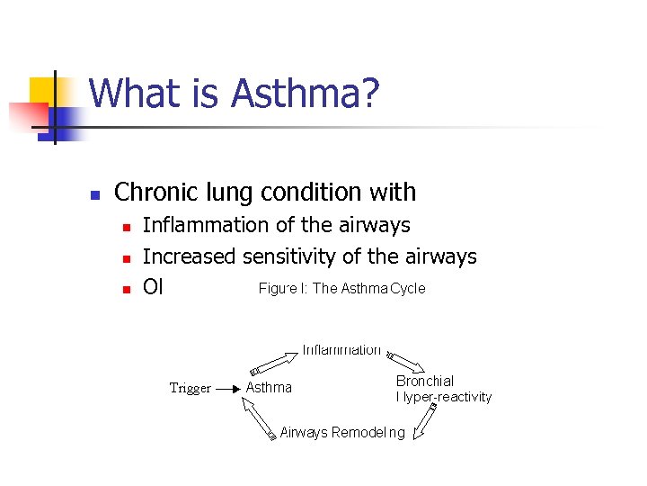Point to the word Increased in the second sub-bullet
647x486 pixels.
pos(189,256)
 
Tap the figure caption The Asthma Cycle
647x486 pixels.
pos(341,289)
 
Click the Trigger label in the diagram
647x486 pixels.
pos(191,388)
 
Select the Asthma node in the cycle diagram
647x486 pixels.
pos(269,387)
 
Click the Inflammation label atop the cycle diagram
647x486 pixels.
pos(341,349)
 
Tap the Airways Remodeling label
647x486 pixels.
pos(342,433)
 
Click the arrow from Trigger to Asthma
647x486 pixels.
pos(227,388)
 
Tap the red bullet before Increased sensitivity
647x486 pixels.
pos(126,258)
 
